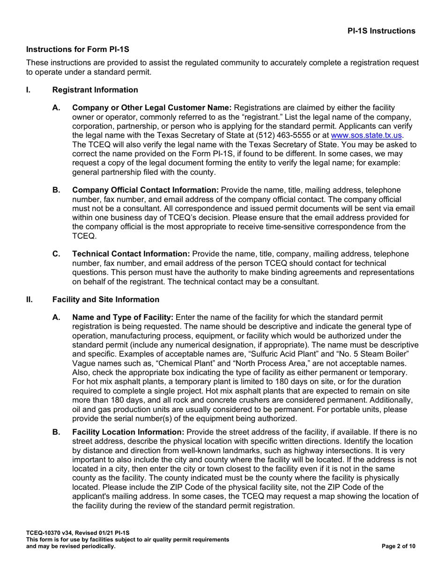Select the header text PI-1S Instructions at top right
click(381, 31)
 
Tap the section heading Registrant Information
click(95, 89)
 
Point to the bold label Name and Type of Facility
click(123, 318)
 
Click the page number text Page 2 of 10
click(398, 546)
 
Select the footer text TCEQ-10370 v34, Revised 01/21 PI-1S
click(78, 533)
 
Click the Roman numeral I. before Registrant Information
click(29, 89)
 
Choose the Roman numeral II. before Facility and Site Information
click(30, 299)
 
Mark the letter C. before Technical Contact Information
click(57, 254)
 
